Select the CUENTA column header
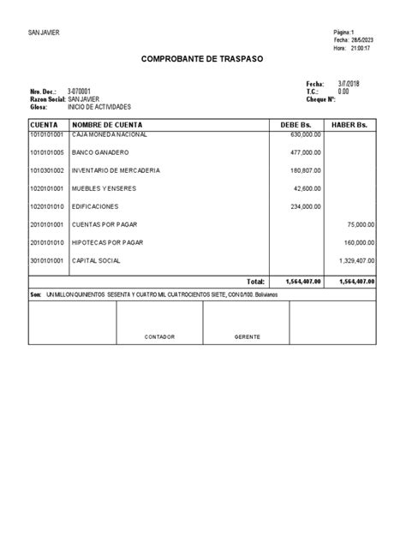click(x=44, y=125)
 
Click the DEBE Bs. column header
click(x=298, y=125)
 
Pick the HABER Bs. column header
click(x=350, y=125)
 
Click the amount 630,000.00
click(x=306, y=135)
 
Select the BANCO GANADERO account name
click(x=101, y=153)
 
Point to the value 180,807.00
click(x=306, y=170)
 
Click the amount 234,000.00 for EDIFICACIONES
click(x=306, y=206)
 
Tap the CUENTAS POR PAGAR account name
click(x=104, y=224)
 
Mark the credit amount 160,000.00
click(x=358, y=242)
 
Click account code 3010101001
click(x=46, y=260)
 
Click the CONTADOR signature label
click(x=159, y=336)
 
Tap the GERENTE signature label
click(x=247, y=336)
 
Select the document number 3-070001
click(x=80, y=91)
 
